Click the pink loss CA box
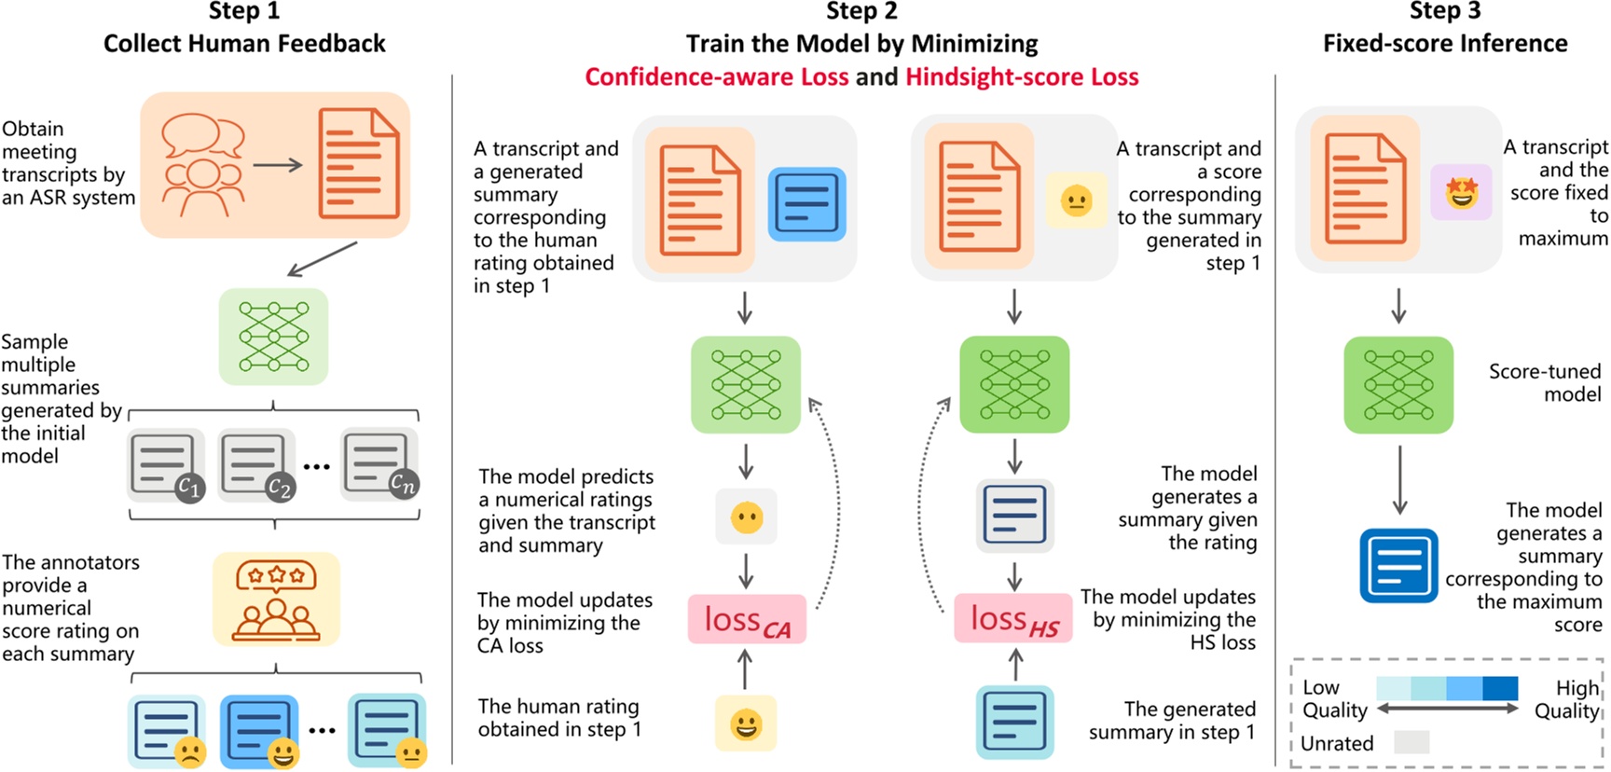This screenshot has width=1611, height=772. tap(747, 619)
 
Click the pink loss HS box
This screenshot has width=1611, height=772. tap(1013, 619)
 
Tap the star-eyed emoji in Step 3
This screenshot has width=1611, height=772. tap(1461, 193)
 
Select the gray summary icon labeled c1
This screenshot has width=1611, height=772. tap(165, 463)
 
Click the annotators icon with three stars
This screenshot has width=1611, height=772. tap(276, 599)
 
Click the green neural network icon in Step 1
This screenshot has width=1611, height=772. tap(273, 337)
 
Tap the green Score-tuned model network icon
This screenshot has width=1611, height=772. tap(1398, 384)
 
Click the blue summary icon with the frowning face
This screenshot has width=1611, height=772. tap(167, 731)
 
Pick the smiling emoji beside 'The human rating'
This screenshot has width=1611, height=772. tap(745, 724)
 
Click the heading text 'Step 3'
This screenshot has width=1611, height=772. tap(1444, 11)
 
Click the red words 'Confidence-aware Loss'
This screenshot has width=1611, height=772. tap(716, 76)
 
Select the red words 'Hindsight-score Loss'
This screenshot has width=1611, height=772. tap(1022, 76)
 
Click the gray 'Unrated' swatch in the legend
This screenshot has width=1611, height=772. tap(1411, 742)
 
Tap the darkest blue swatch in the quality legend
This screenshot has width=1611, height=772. tap(1500, 688)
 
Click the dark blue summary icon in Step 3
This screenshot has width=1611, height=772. tap(1398, 565)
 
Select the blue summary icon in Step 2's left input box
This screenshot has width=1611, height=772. tap(806, 203)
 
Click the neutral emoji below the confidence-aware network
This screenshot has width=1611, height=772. tap(746, 517)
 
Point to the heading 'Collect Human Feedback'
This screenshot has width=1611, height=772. tap(244, 44)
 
